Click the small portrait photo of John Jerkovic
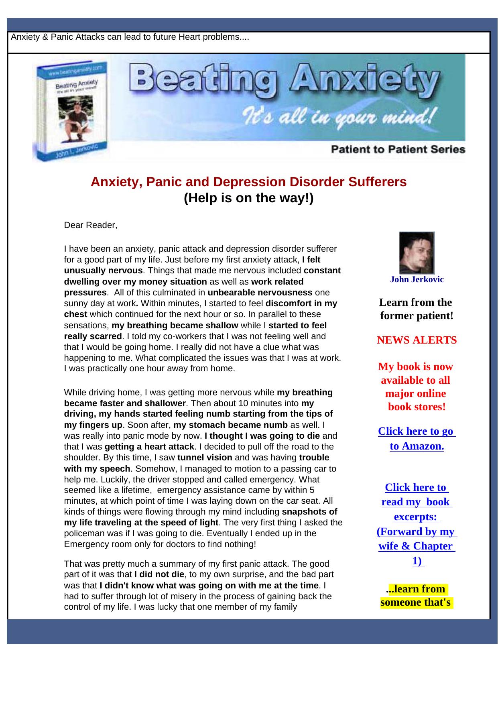(417, 253)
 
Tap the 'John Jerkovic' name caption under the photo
(417, 279)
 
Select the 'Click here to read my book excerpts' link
(417, 524)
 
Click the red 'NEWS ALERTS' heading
(417, 340)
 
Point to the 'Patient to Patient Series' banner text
(398, 149)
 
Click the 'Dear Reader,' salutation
(91, 225)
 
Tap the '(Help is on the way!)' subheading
(248, 198)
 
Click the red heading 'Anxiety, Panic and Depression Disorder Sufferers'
(248, 182)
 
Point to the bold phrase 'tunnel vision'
(205, 458)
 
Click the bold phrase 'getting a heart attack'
(149, 447)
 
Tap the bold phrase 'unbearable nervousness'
(260, 293)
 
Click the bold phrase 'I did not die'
(159, 574)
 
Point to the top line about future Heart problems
(130, 37)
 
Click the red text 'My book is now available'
(416, 373)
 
